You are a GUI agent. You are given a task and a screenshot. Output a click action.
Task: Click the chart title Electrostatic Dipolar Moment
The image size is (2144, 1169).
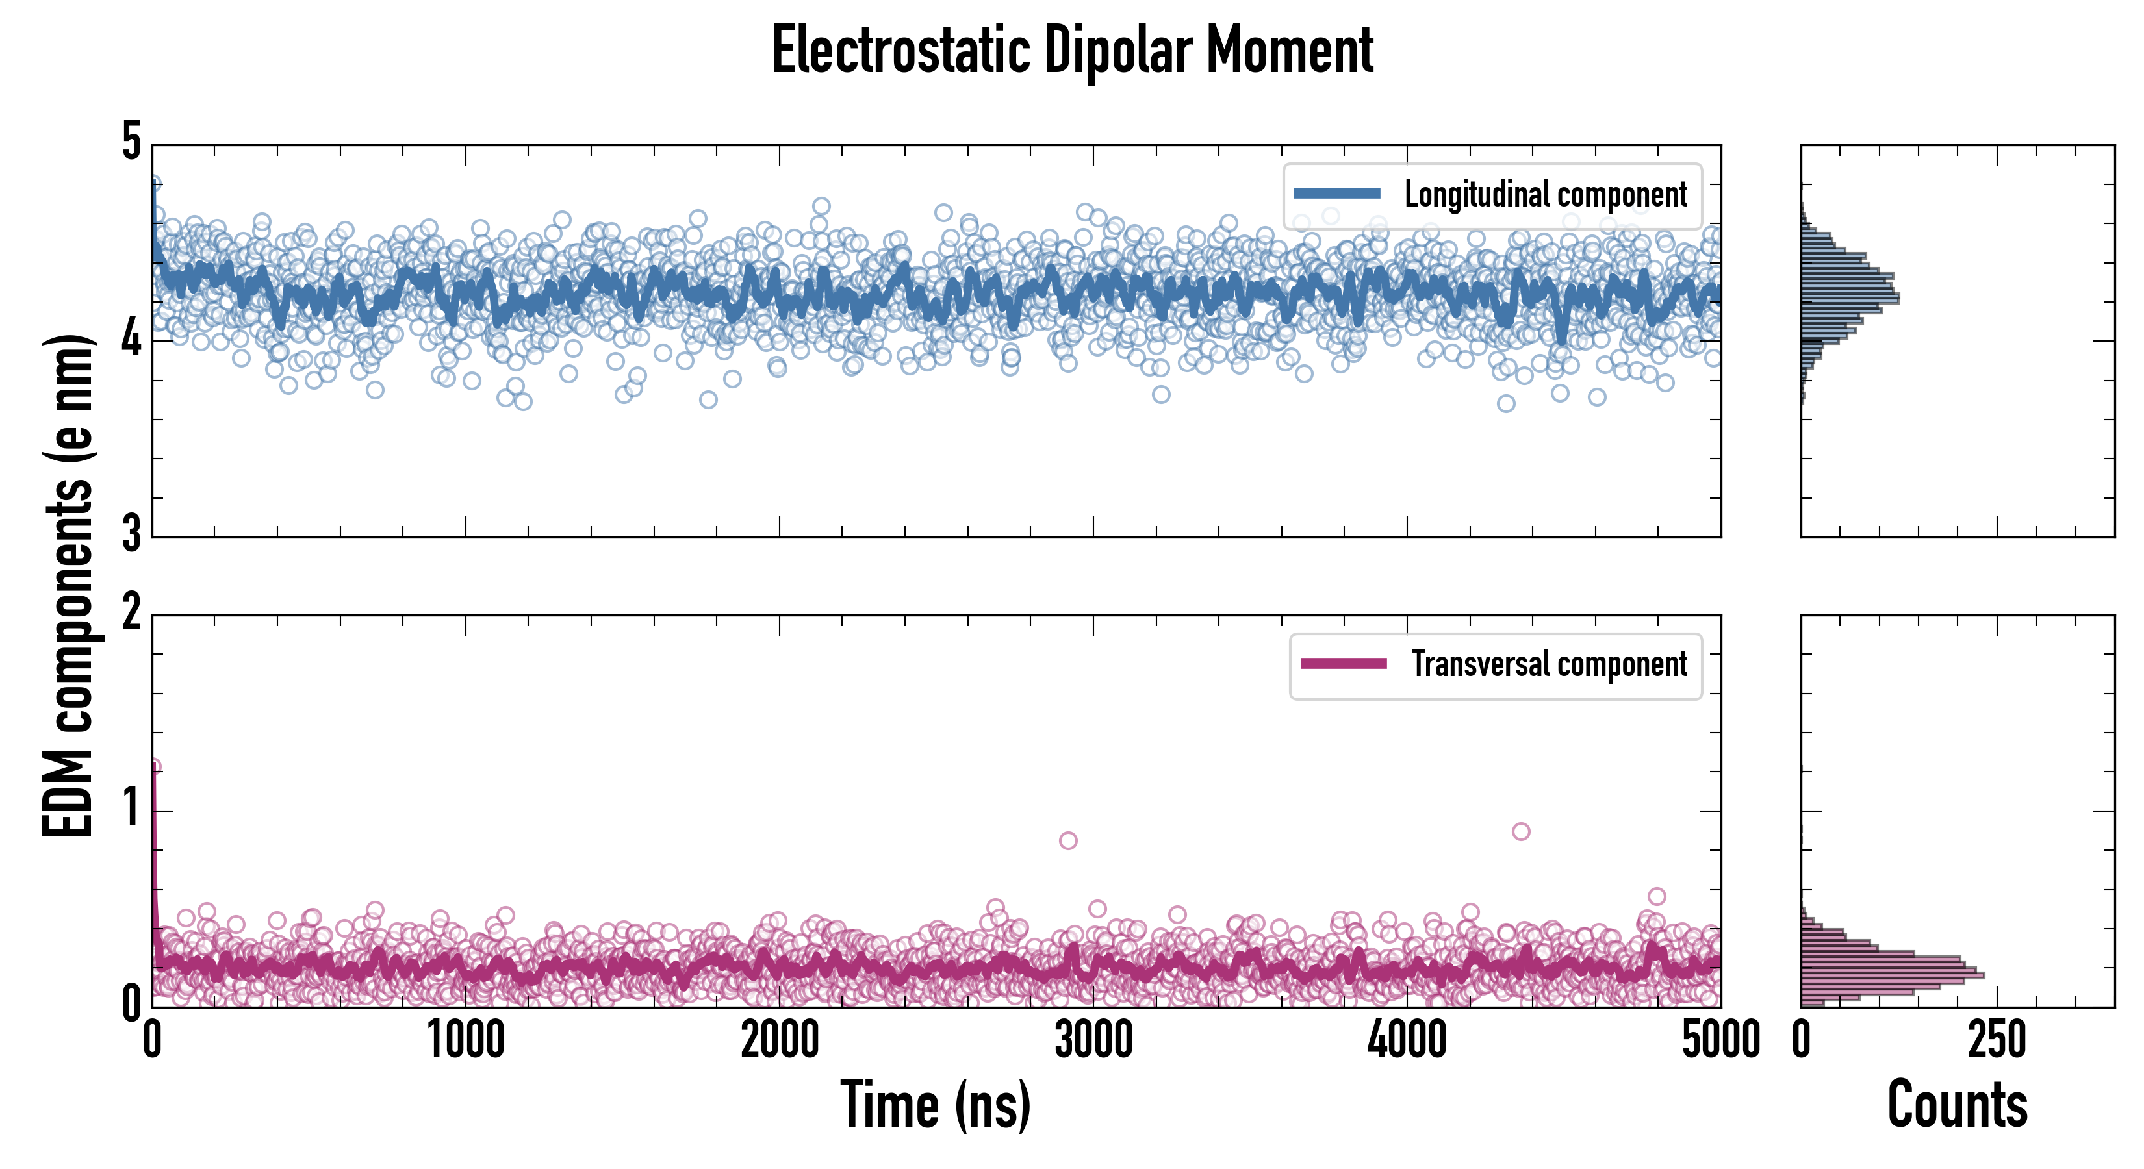pyautogui.click(x=1072, y=51)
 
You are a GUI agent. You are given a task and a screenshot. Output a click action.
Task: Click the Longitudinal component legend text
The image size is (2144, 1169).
pyautogui.click(x=1546, y=195)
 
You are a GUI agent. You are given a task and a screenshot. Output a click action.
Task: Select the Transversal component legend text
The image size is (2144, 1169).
pyautogui.click(x=1549, y=665)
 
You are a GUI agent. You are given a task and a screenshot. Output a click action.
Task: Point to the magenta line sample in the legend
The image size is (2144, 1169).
pyautogui.click(x=1344, y=664)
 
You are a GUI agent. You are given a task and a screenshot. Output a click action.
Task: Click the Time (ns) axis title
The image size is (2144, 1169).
pyautogui.click(x=936, y=1105)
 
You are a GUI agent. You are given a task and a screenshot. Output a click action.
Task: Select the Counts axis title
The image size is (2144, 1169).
pyautogui.click(x=1957, y=1105)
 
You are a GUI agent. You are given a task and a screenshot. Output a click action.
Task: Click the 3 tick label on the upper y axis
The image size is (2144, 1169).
pyautogui.click(x=131, y=535)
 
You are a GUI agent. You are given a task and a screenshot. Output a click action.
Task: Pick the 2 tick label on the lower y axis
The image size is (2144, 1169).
pyautogui.click(x=131, y=614)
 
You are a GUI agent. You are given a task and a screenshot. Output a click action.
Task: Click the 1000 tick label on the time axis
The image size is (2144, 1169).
pyautogui.click(x=466, y=1040)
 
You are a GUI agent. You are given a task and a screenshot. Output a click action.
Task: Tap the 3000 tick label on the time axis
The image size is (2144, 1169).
pyautogui.click(x=1093, y=1040)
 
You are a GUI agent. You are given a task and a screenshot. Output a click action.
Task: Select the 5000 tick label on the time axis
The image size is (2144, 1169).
pyautogui.click(x=1720, y=1040)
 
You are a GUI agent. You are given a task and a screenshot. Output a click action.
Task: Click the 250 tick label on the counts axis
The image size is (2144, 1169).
pyautogui.click(x=1997, y=1040)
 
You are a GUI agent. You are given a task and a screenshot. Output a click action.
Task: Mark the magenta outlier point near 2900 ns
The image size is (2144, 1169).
pyautogui.click(x=1068, y=840)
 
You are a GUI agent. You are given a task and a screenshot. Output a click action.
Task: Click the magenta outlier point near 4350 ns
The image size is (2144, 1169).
pyautogui.click(x=1520, y=831)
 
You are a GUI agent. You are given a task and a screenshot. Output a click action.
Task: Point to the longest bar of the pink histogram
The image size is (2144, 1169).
pyautogui.click(x=1893, y=975)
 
